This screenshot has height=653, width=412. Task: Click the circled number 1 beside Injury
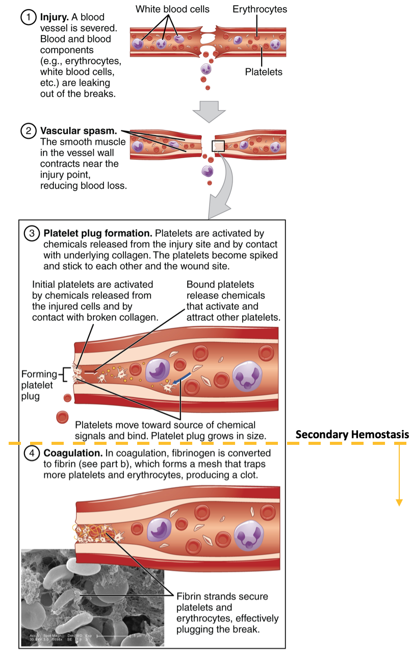pos(28,17)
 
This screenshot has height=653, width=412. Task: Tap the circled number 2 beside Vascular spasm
pos(28,131)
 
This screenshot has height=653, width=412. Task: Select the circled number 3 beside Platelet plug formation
pos(32,234)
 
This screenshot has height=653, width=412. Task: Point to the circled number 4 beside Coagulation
pos(32,453)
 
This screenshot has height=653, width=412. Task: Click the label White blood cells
pos(172,9)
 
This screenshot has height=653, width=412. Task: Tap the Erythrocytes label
pos(260,9)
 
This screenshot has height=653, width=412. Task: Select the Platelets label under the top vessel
pos(264,72)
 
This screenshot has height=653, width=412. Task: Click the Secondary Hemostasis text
pos(352,435)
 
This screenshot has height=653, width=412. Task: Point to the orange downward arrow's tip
pos(399,505)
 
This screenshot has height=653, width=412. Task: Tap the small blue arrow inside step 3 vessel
pos(182,379)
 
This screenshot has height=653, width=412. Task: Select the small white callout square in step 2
pos(218,146)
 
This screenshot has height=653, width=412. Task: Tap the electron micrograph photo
pos(92,597)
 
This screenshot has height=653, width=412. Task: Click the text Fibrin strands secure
pos(221,596)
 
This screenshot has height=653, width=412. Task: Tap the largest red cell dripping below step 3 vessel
pos(62,417)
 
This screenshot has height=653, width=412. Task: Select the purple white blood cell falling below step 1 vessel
pos(205,68)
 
